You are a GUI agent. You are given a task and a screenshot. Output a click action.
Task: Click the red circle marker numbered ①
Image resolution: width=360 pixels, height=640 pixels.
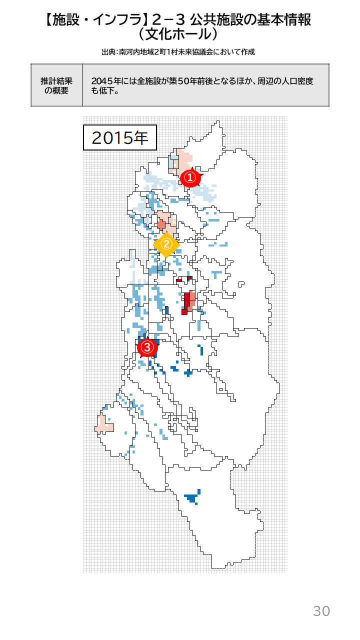coord(190,177)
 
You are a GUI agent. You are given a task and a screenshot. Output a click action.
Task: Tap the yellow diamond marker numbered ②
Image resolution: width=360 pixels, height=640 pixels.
coord(166,244)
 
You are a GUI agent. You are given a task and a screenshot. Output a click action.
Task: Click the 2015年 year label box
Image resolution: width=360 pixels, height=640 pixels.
coord(120,137)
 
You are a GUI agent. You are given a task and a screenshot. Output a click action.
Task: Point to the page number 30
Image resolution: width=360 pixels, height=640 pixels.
coord(321,610)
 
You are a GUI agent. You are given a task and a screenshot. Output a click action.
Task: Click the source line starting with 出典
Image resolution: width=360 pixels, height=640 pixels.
coord(178,52)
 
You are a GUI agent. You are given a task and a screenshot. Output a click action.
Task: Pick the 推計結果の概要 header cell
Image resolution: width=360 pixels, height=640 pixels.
coord(56,85)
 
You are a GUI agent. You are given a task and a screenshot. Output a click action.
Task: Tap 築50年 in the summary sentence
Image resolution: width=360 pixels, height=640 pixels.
coord(182,81)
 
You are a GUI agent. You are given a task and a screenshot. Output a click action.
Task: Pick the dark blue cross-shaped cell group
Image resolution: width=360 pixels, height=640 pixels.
coord(188,372)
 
